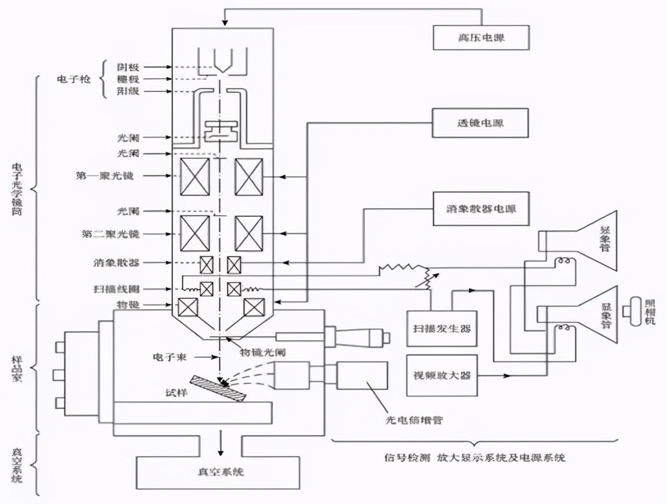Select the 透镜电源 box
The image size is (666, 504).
[x=481, y=123]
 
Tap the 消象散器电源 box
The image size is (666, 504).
[x=481, y=207]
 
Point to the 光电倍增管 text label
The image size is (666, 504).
[x=414, y=420]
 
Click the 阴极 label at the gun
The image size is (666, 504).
[x=128, y=66]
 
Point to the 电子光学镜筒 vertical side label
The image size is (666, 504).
[x=17, y=188]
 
